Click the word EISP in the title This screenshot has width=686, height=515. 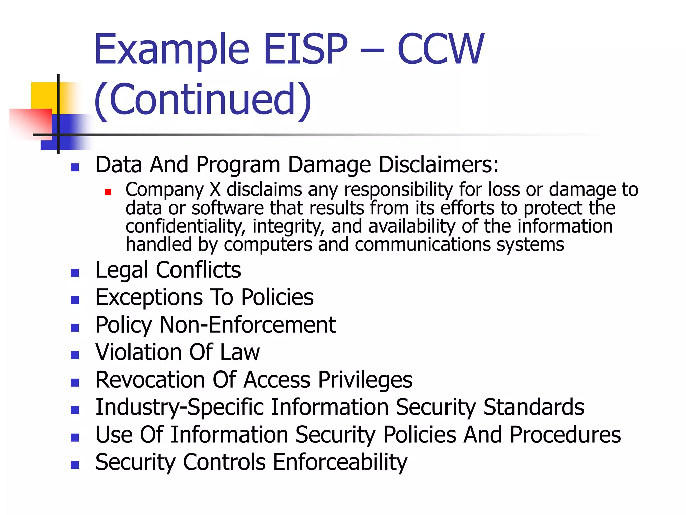coord(305,49)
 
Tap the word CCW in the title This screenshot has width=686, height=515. coord(440,49)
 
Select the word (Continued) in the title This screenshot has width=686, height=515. coord(203,100)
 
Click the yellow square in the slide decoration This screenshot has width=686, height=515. coord(44,96)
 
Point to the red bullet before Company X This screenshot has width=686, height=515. coord(108,192)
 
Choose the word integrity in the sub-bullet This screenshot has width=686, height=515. coord(288,226)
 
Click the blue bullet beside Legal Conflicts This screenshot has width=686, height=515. coord(75,272)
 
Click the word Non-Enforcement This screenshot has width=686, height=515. coord(248,325)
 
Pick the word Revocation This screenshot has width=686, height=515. coord(150,380)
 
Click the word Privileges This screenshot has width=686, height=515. coord(365,380)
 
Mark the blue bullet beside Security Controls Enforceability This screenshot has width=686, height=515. coord(75,465)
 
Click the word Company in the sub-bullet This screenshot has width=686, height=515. coord(164,190)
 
